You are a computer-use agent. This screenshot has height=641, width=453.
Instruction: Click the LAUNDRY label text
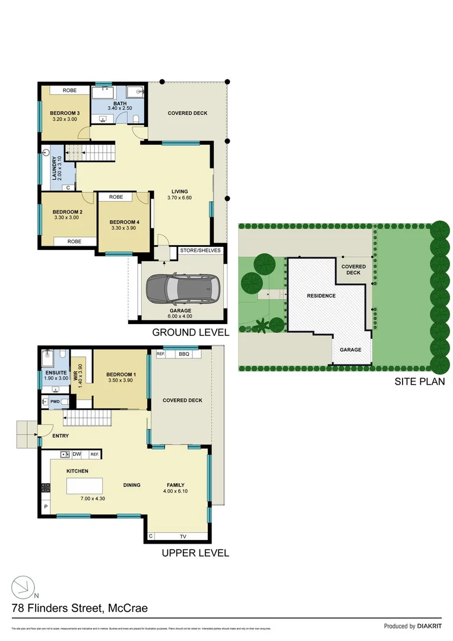(x=54, y=169)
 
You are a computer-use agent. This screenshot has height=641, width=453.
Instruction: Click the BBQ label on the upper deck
(x=183, y=354)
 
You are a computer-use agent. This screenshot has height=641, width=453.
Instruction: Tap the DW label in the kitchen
(x=77, y=455)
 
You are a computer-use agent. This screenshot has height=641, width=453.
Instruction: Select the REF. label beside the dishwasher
(x=94, y=455)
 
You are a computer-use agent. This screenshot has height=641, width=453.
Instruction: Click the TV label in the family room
(x=183, y=536)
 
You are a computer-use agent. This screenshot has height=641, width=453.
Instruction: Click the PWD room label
(x=55, y=402)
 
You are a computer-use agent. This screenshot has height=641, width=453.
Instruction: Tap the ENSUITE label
(x=55, y=373)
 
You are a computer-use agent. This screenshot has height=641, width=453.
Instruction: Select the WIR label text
(x=75, y=375)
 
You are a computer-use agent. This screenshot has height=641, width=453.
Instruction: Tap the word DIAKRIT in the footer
(x=430, y=626)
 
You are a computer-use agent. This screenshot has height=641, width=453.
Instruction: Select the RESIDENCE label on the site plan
(x=321, y=296)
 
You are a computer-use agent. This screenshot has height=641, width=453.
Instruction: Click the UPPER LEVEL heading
(x=195, y=553)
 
